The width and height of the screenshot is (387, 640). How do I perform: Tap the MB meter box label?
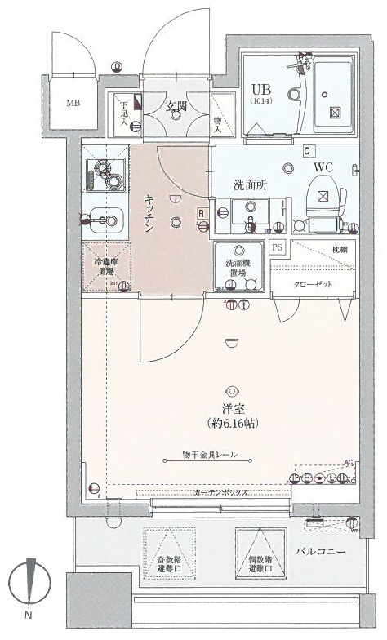tap(73, 104)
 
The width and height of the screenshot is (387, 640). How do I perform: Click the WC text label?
tap(323, 167)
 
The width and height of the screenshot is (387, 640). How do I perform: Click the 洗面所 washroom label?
tap(251, 185)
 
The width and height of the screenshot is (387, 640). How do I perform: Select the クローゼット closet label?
tap(314, 282)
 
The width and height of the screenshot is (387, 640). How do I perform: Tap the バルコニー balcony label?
tap(321, 553)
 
